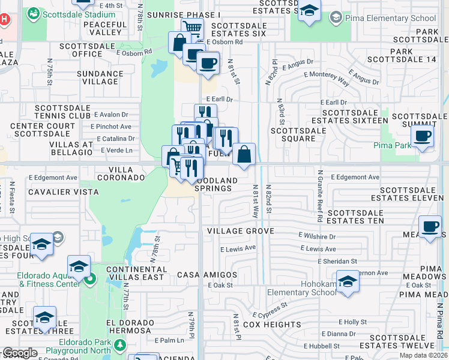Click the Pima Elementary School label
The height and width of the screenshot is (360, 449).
(398, 18)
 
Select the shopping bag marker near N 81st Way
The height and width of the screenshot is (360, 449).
(244, 154)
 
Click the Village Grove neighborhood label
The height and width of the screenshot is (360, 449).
(240, 231)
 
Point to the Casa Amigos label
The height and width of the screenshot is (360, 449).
(207, 275)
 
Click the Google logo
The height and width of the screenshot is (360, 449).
(20, 353)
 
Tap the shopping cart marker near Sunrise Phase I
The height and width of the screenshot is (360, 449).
(192, 28)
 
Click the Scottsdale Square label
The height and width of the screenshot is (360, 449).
(293, 134)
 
